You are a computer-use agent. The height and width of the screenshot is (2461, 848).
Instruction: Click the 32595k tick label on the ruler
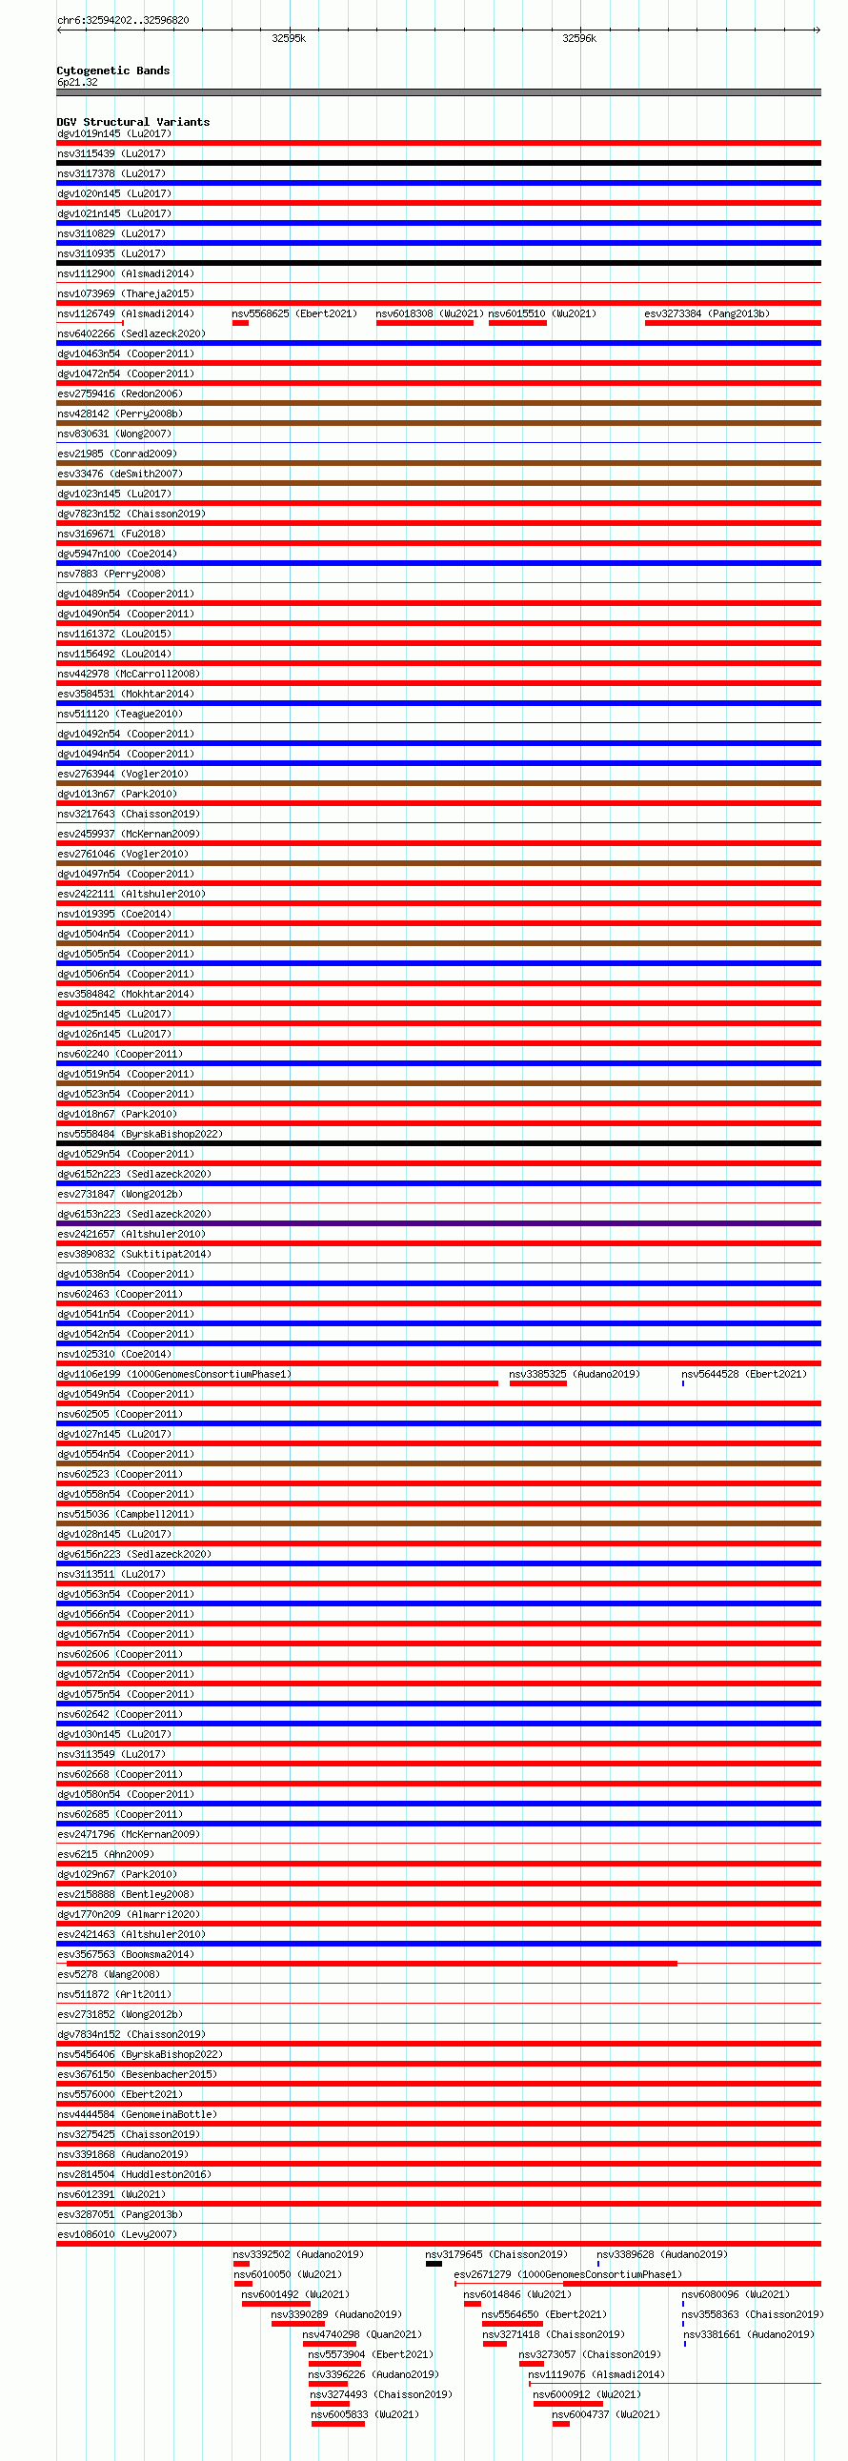coord(289,38)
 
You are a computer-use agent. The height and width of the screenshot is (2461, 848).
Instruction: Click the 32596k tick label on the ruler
coord(578,38)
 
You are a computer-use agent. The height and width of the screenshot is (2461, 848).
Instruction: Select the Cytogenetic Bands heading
coord(112,71)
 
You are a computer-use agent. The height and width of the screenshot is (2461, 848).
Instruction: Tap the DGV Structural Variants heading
coord(132,122)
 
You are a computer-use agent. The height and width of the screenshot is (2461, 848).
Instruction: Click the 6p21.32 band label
coord(76,82)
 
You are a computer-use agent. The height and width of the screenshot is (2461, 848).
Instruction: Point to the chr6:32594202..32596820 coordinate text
coord(123,20)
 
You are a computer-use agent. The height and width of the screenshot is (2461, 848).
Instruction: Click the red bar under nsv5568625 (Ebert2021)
coord(240,323)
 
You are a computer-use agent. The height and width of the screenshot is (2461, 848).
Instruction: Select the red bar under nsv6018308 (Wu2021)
coord(424,323)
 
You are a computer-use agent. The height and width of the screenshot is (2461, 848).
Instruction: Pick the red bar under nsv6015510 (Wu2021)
coord(516,323)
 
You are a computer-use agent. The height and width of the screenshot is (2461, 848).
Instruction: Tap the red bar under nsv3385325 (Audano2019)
coord(537,1383)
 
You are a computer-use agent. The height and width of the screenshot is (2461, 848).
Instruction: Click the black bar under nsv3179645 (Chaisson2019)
coord(434,2263)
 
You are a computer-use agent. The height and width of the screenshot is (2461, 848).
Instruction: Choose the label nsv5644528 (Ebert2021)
coord(743,1374)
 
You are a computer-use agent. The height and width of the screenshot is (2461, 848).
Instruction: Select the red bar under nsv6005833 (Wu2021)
coord(337,2424)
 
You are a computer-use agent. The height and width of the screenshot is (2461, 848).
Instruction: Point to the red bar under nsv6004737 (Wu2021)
coord(560,2424)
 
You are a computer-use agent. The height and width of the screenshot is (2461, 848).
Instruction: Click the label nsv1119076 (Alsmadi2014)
coord(596,2374)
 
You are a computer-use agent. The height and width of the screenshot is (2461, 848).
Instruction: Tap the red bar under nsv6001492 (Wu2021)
coord(275,2304)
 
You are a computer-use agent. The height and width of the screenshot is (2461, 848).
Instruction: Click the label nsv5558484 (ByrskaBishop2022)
coord(139,1134)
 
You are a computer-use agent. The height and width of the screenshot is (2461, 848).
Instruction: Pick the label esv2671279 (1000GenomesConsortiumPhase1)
coord(567,2274)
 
